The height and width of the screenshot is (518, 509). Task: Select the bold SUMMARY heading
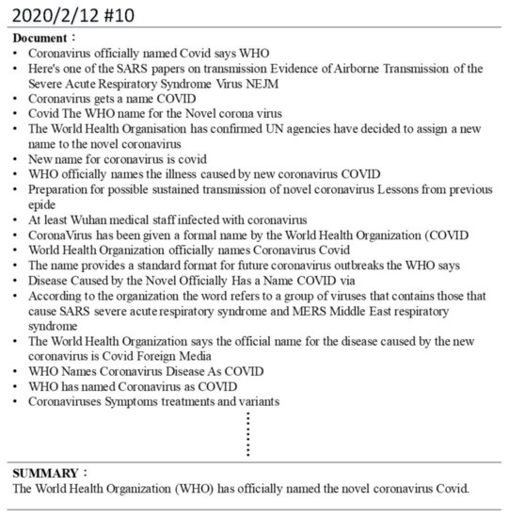48,472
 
